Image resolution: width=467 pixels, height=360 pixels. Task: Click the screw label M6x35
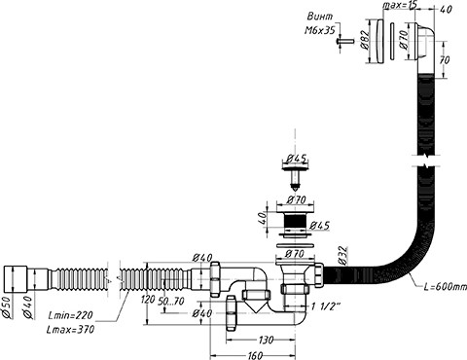(x=319, y=30)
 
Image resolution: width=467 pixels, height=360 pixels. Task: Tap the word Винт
(x=320, y=17)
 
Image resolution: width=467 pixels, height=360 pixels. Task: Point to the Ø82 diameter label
(x=364, y=40)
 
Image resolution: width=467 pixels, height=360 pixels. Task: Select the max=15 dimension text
(x=399, y=5)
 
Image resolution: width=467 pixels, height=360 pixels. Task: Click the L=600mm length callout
(x=445, y=287)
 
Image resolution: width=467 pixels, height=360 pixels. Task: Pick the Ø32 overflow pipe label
(x=342, y=256)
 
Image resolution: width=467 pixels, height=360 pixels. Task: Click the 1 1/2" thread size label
(x=326, y=306)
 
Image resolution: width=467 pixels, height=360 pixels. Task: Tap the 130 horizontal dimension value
(x=266, y=340)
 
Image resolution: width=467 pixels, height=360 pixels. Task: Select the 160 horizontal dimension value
(x=255, y=355)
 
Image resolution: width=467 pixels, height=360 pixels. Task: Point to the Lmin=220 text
(x=70, y=315)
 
